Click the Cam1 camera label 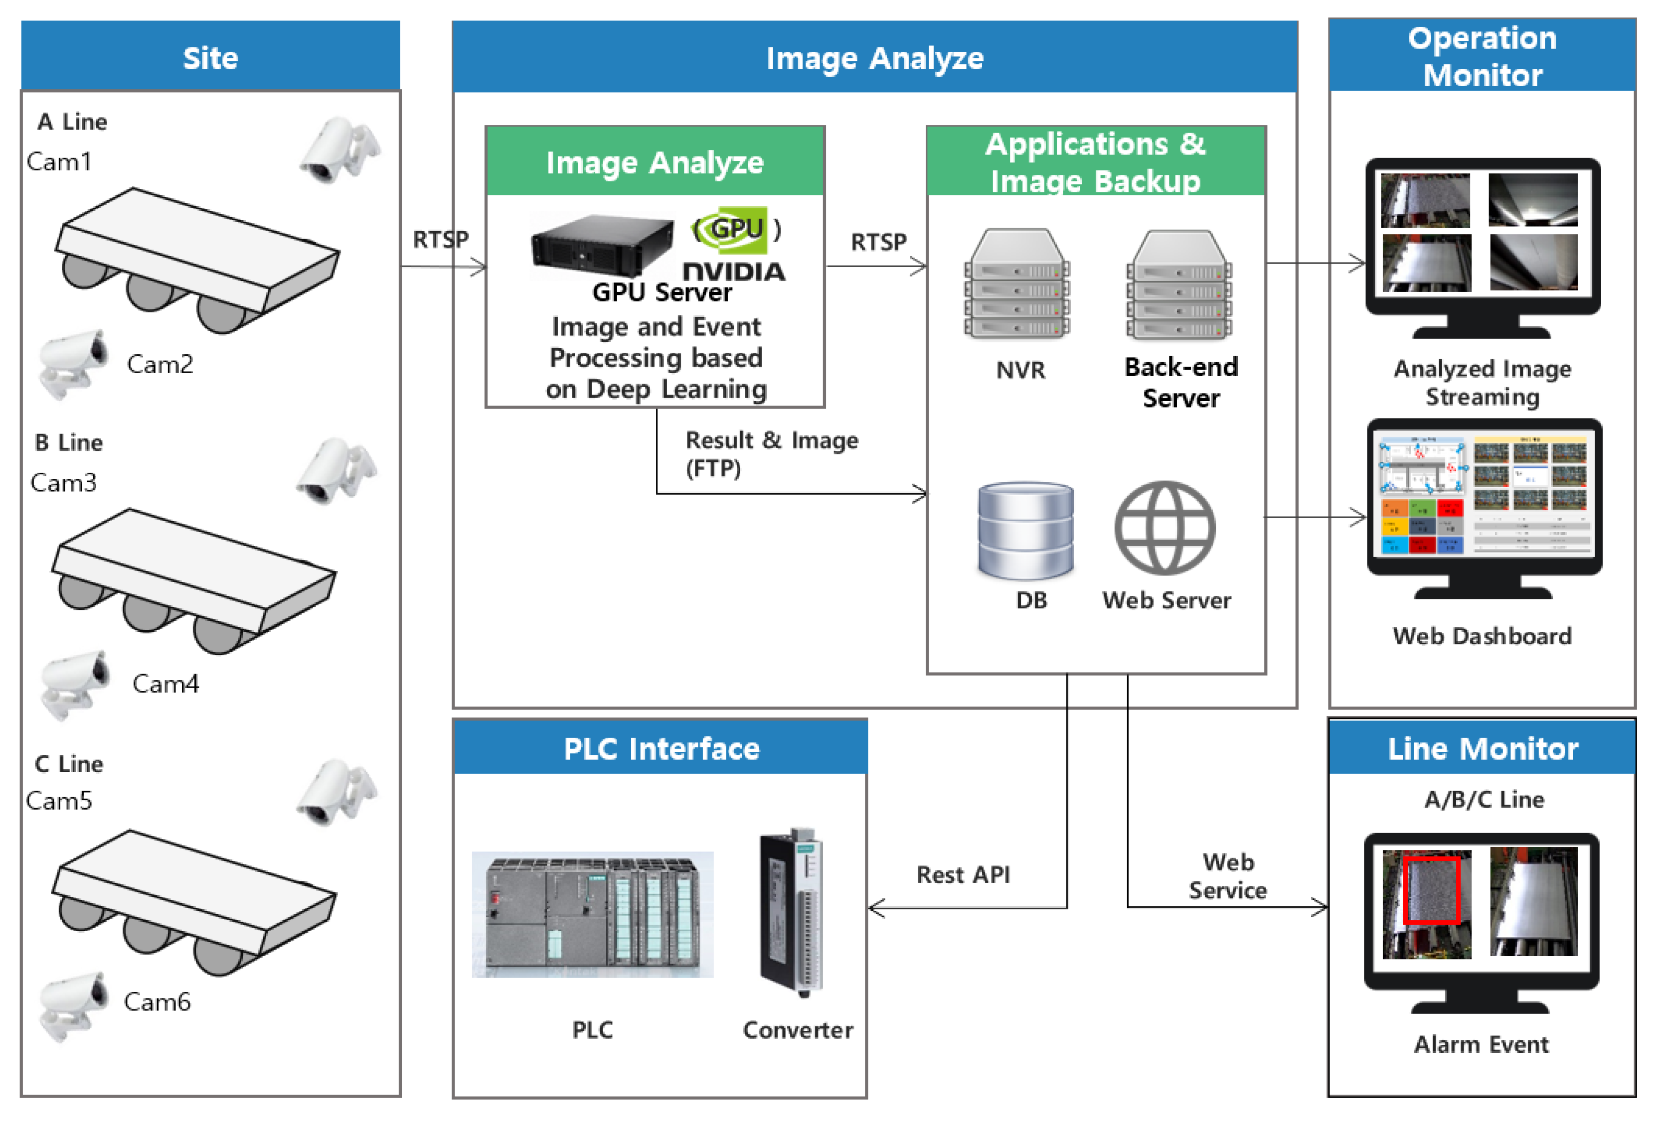coord(59,161)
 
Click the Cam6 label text coord(157,1002)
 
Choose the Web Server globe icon coord(1164,528)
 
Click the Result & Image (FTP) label coord(771,453)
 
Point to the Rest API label coord(963,874)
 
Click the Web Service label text coord(1228,876)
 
